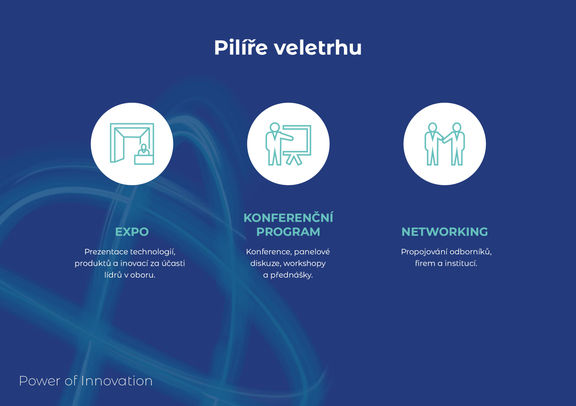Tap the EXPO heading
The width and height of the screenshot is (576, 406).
tap(132, 232)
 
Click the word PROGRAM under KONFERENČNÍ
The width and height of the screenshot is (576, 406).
tap(288, 232)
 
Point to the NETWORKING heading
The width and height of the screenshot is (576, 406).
tap(445, 232)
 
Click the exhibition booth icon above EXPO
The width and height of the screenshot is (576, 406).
tap(132, 144)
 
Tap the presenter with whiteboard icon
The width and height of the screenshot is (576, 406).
tap(288, 144)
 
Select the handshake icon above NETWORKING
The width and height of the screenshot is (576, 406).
tap(445, 144)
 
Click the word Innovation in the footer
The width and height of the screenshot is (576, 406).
tap(117, 381)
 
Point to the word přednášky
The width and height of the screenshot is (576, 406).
tap(291, 275)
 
